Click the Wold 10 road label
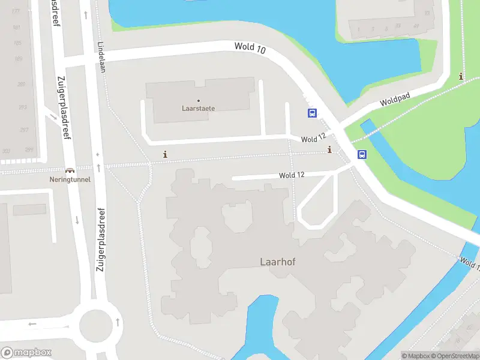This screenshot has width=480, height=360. point(249,47)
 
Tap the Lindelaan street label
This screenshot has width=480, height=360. point(101,58)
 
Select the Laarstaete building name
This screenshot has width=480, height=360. point(199,109)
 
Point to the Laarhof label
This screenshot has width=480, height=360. point(278,262)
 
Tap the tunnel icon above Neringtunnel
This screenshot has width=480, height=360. point(70,170)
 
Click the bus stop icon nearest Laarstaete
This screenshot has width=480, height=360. point(312,113)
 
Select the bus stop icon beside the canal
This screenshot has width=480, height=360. point(362,154)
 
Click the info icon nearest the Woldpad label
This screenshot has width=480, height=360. point(461,76)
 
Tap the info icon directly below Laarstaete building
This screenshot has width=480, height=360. point(166,154)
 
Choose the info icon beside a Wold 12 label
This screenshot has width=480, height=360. point(329,149)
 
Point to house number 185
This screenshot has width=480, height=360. point(17,43)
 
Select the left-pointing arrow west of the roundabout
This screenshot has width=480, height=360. point(32,324)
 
